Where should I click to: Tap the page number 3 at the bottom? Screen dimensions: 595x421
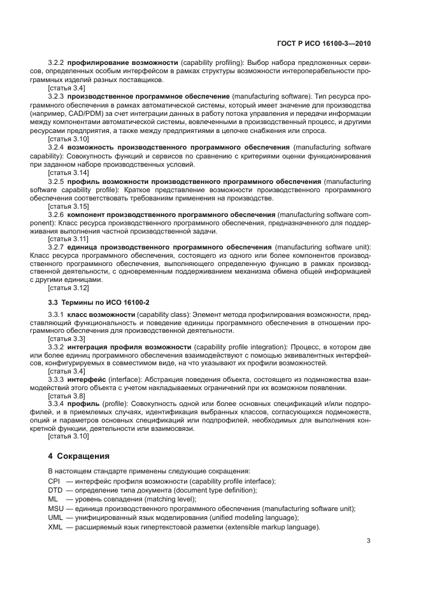click(368, 542)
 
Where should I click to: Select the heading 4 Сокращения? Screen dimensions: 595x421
click(79, 456)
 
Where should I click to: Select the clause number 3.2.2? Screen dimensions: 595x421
click(56, 64)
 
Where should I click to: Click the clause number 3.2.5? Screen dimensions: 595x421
click(56, 181)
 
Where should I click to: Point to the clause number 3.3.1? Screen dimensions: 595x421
click(56, 315)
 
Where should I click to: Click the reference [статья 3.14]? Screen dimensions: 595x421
click(68, 172)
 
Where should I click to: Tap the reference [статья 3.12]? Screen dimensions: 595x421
click(68, 288)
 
